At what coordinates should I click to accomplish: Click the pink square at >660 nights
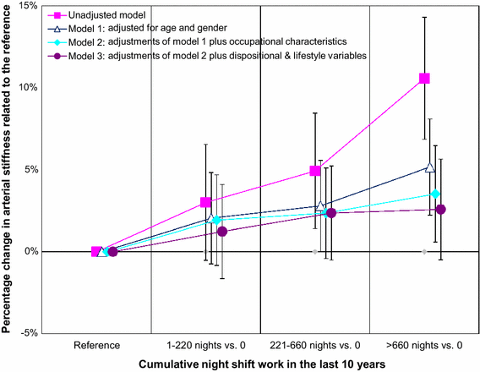coord(424,79)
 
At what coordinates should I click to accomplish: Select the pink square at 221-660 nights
coord(315,171)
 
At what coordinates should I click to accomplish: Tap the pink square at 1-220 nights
coord(205,203)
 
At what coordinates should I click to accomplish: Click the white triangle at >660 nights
coord(430,167)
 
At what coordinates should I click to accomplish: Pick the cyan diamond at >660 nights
coord(435,194)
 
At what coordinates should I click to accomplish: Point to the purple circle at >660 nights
coord(440,209)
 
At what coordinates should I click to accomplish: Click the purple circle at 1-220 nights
coord(222,232)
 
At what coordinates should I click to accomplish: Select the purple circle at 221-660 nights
coord(331,213)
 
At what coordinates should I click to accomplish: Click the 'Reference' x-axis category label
coord(96,346)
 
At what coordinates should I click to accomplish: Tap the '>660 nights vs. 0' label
coord(423,346)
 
